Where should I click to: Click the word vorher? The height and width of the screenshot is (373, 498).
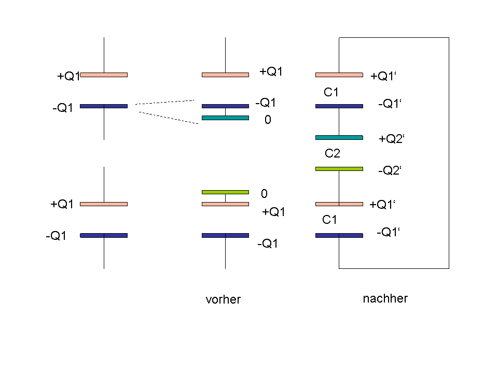223,299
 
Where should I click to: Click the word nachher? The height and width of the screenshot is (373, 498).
385,298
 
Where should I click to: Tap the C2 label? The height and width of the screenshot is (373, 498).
333,153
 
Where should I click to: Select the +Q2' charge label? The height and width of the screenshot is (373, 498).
392,139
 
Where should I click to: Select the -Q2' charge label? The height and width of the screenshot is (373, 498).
390,170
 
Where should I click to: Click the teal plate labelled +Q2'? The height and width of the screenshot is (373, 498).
339,138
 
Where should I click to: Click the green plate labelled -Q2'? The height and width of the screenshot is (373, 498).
339,169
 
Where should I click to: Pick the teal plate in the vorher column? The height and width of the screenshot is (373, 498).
226,118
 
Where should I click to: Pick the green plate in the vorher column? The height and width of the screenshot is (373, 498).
226,192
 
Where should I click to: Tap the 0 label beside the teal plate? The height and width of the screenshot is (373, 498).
268,120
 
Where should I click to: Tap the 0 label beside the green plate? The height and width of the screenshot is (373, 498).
264,193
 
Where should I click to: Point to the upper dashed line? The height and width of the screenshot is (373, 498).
165,102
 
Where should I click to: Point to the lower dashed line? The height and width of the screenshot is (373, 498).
169,118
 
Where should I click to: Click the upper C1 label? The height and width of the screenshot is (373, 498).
331,92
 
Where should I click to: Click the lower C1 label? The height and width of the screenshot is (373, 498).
329,220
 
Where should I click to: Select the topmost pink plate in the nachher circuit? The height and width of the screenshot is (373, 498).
339,75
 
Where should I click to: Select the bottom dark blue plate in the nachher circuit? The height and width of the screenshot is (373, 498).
339,235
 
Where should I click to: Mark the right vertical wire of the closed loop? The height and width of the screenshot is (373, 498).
449,153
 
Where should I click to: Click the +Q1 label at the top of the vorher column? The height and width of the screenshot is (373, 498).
271,71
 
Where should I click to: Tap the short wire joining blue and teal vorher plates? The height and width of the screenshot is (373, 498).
226,112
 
